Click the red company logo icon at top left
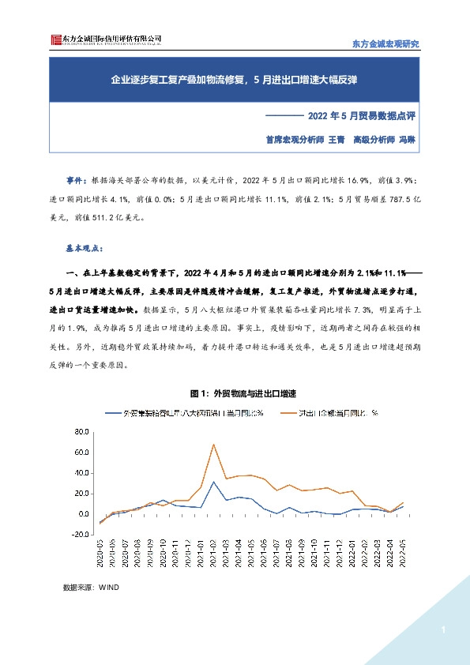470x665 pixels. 53,39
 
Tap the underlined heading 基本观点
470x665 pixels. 81,247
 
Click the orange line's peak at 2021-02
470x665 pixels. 213,445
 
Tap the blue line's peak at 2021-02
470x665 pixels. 213,482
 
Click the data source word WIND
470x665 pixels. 107,588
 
